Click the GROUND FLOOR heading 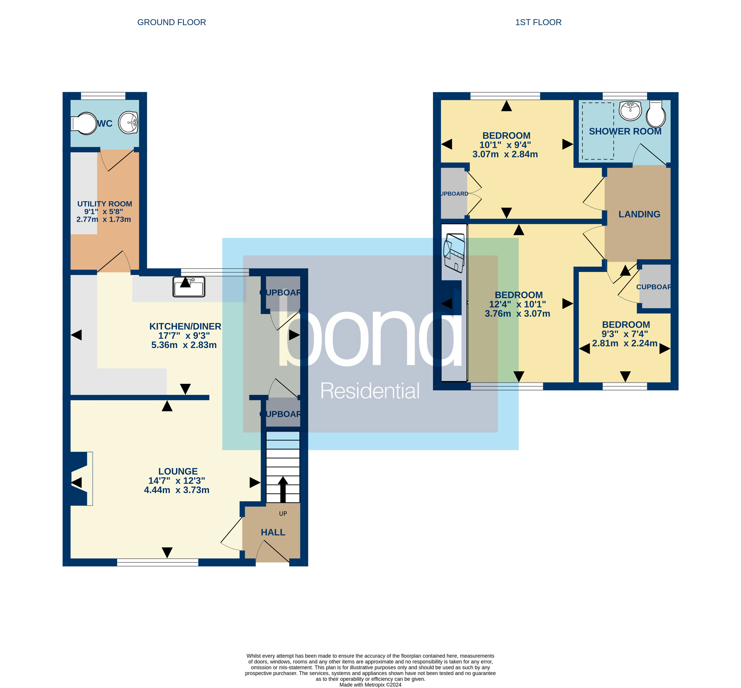click(171, 22)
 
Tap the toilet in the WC click(84, 123)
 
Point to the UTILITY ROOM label click(104, 204)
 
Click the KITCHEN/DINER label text click(185, 326)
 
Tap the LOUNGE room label click(178, 471)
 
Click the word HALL click(273, 532)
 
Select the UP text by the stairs click(283, 514)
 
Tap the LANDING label click(639, 214)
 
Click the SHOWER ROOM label click(625, 131)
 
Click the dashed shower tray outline click(598, 131)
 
